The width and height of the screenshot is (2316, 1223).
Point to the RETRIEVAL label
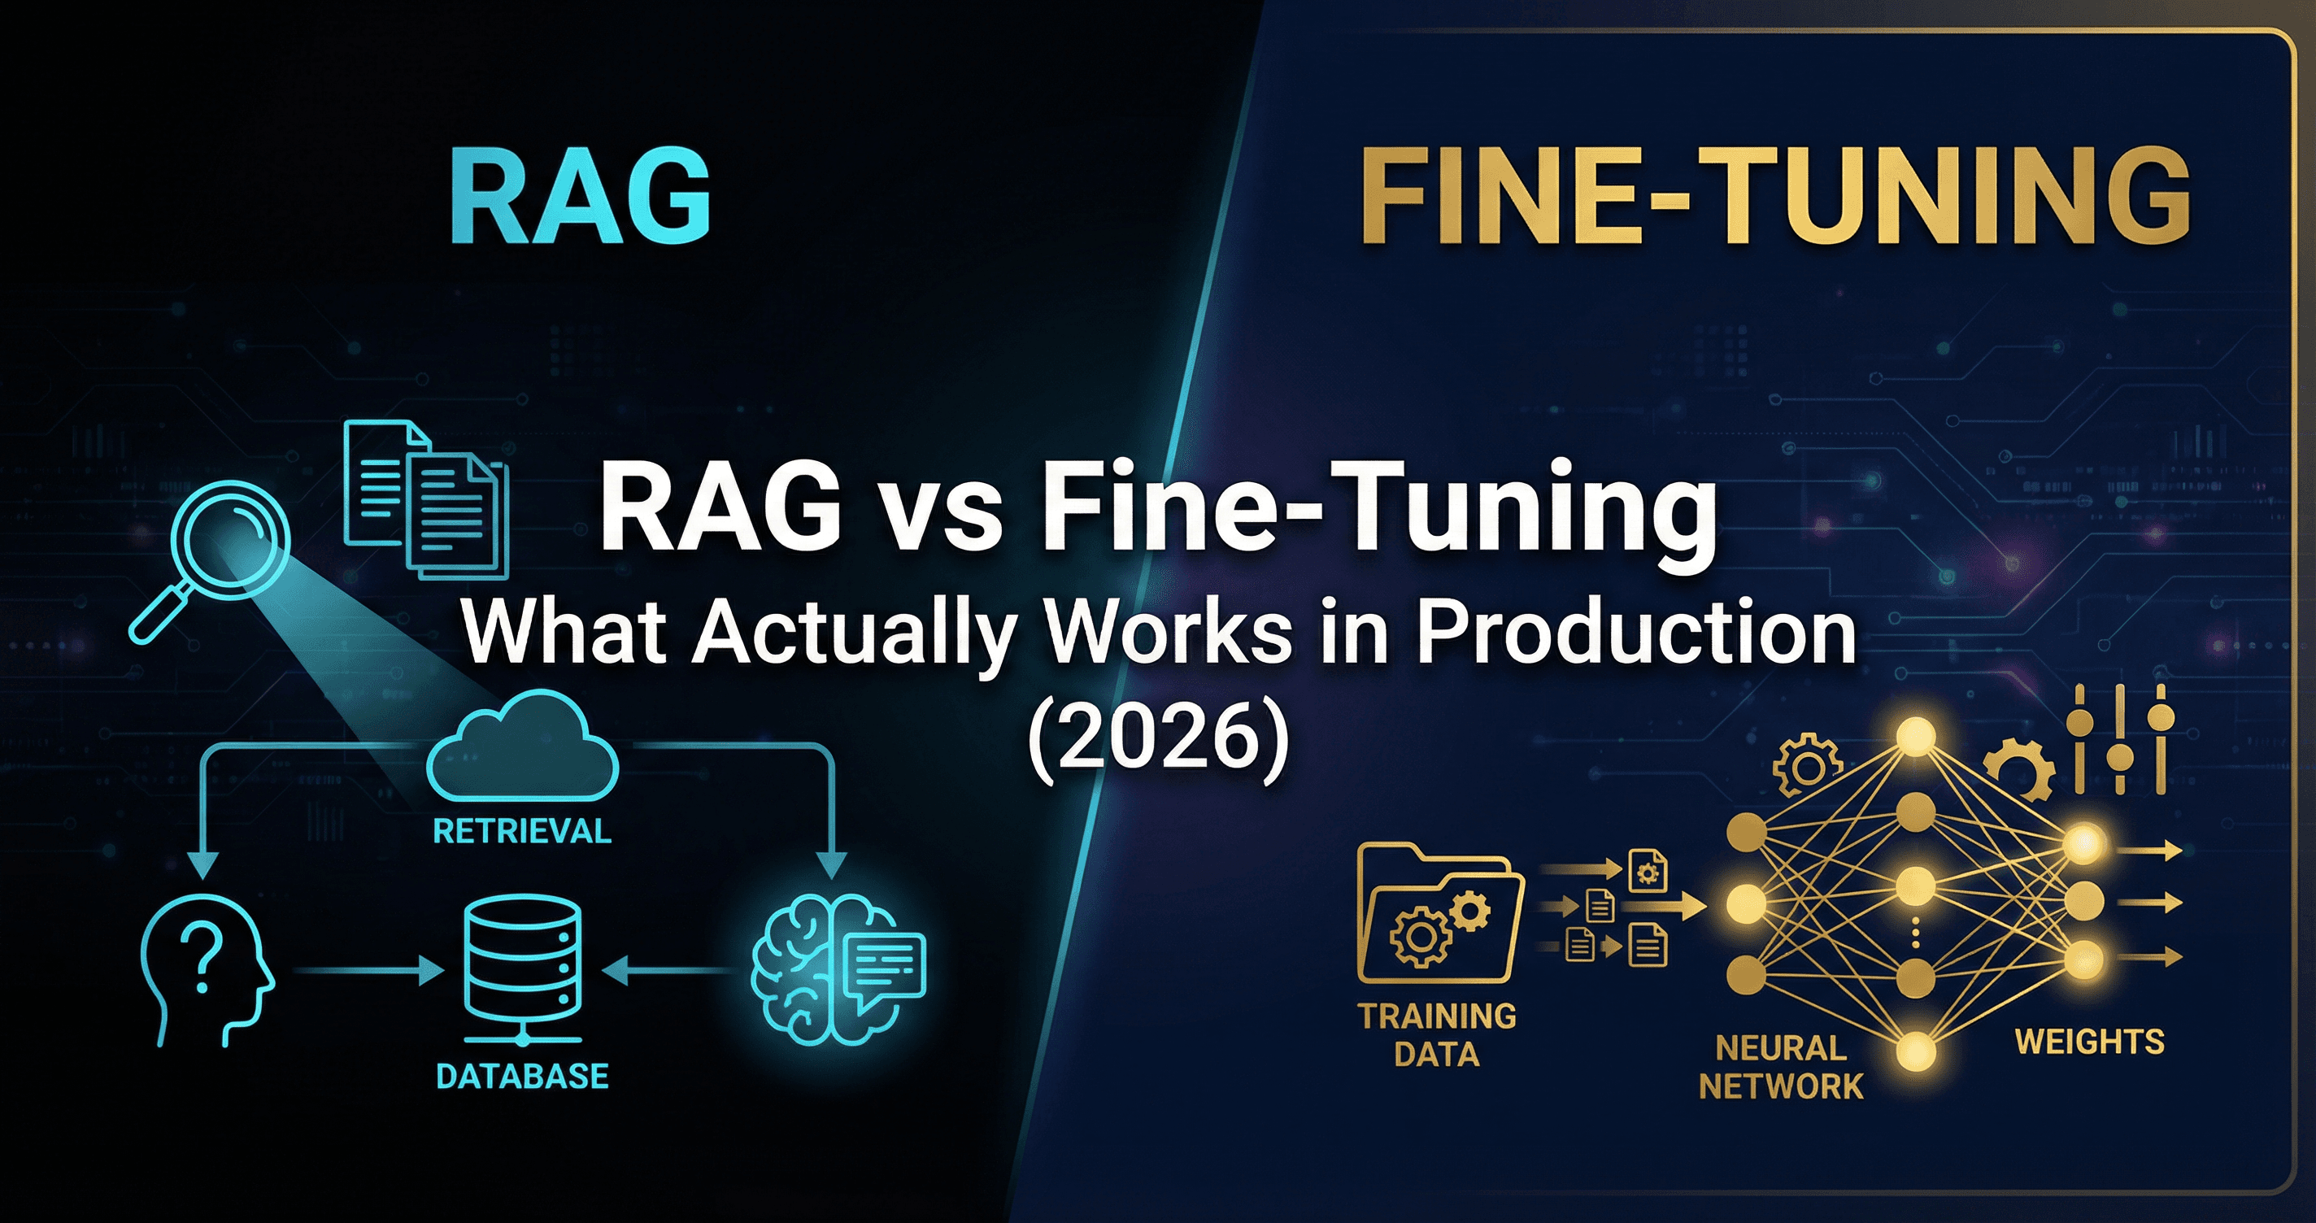click(522, 832)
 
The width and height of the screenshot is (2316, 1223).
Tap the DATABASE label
click(522, 1077)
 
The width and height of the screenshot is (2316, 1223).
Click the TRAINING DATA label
click(1437, 1034)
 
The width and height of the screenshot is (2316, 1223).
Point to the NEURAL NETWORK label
click(1780, 1068)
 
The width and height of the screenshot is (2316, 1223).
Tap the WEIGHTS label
click(2089, 1042)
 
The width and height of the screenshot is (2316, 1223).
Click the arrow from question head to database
click(368, 971)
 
